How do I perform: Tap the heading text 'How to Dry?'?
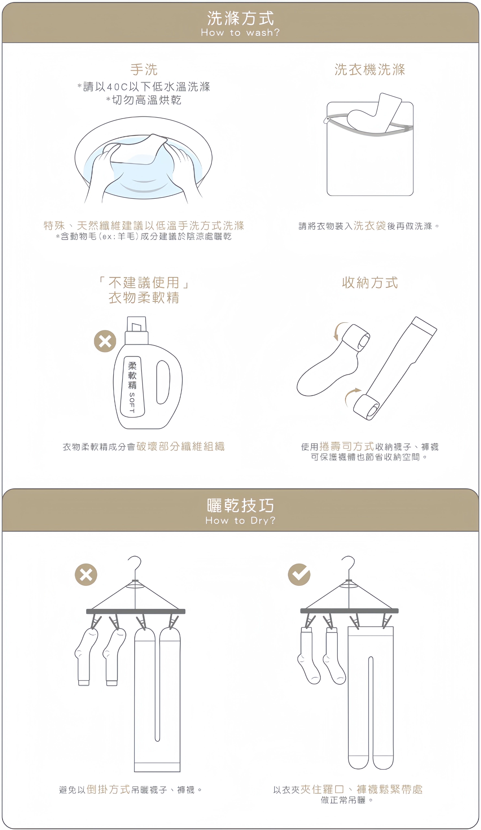pyautogui.click(x=240, y=520)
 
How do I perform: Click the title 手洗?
pyautogui.click(x=144, y=70)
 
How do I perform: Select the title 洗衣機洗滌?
pyautogui.click(x=370, y=70)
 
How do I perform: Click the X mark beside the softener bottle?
pyautogui.click(x=105, y=341)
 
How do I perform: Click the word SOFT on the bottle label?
pyautogui.click(x=132, y=403)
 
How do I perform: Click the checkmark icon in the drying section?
pyautogui.click(x=299, y=574)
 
